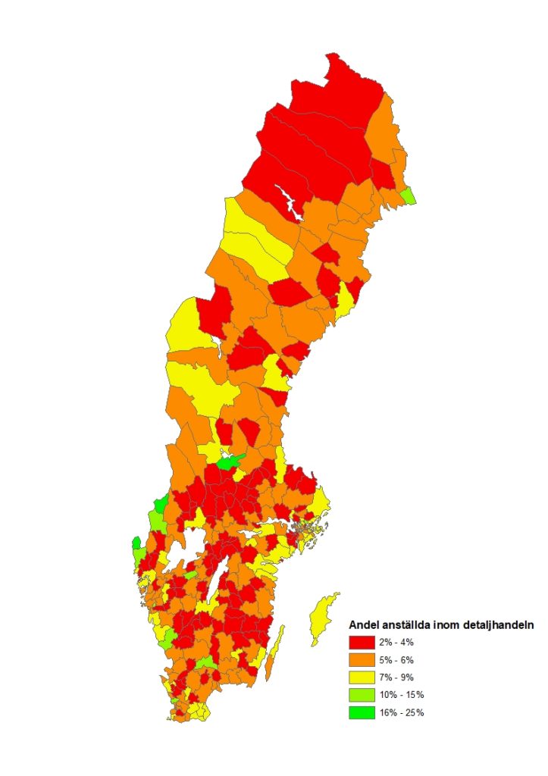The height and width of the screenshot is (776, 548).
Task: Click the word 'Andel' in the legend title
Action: point(364,625)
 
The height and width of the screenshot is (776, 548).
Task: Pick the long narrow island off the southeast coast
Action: point(277,644)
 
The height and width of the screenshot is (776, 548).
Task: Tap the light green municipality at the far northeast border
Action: point(408,196)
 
